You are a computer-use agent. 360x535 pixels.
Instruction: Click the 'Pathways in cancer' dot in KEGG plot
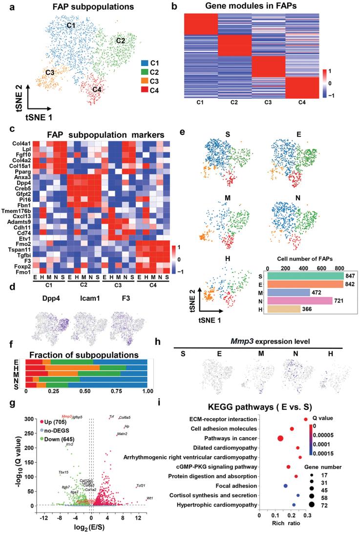tap(280, 438)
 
